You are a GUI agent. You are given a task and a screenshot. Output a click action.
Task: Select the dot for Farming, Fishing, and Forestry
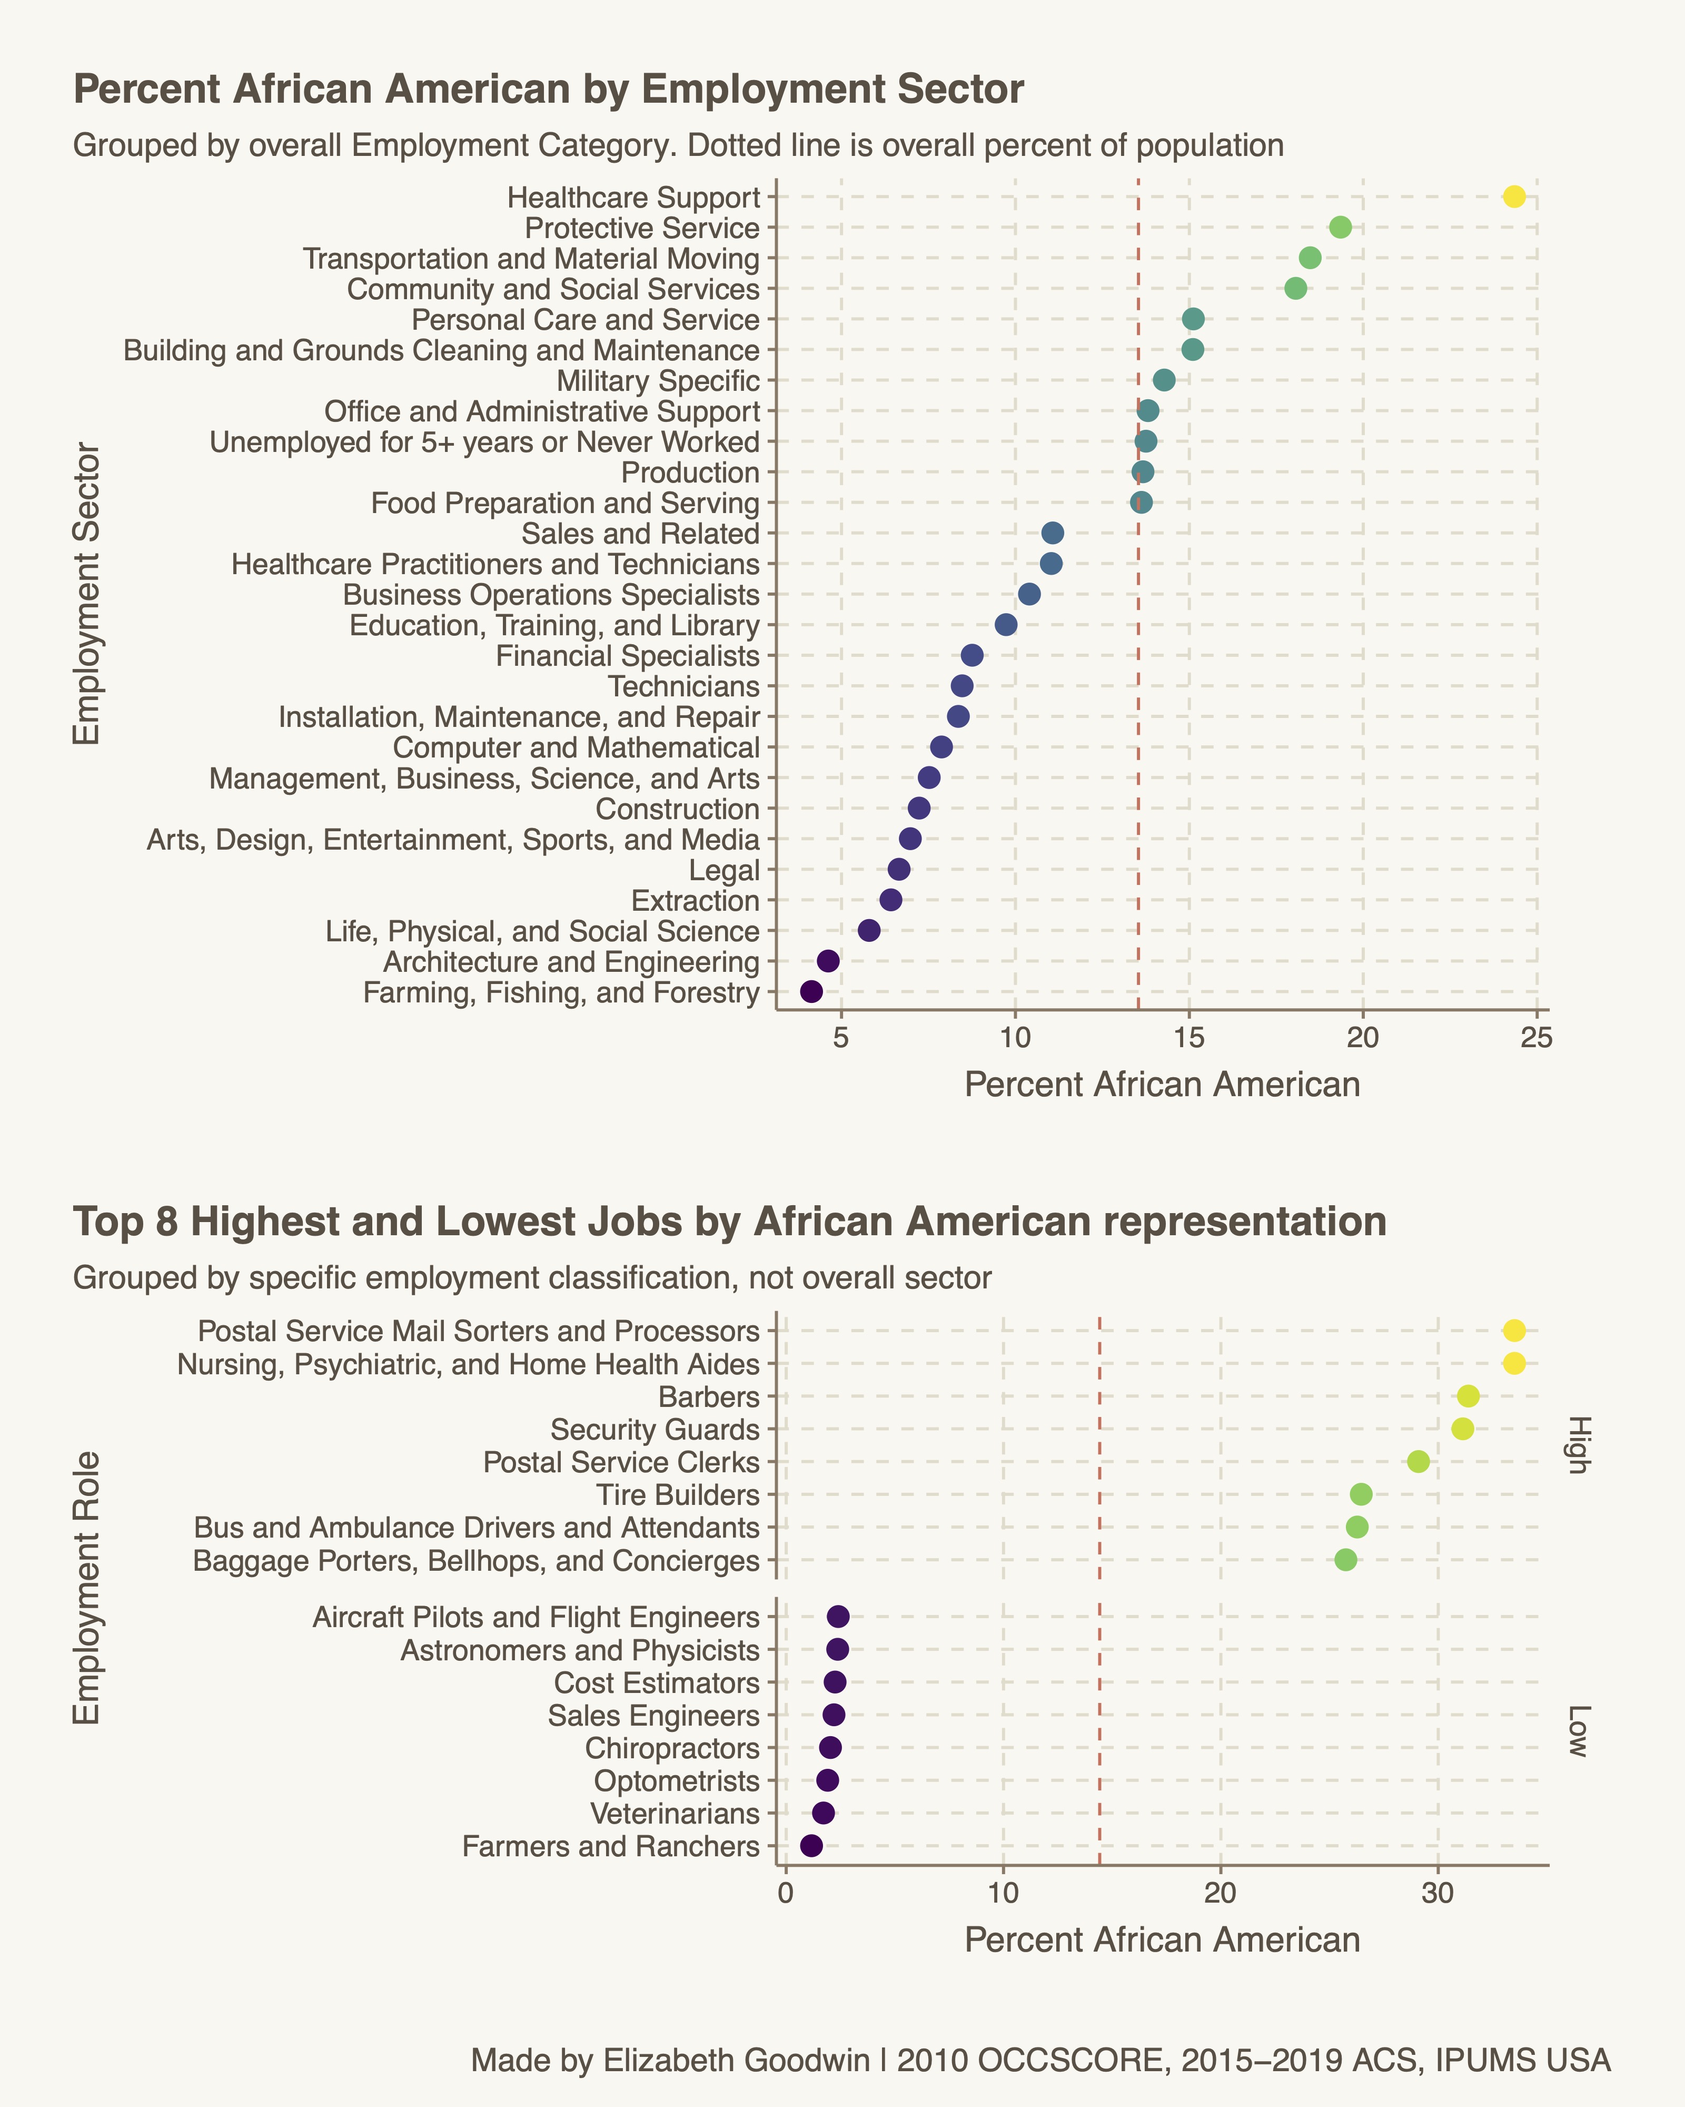point(811,992)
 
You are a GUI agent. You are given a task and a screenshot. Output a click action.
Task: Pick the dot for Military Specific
point(1163,380)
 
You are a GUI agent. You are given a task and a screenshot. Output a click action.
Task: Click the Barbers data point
point(1467,1395)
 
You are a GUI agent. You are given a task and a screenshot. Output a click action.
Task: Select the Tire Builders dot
point(1361,1494)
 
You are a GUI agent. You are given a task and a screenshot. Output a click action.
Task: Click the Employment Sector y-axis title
point(88,594)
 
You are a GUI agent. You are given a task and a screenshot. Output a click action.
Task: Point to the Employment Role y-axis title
point(88,1588)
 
